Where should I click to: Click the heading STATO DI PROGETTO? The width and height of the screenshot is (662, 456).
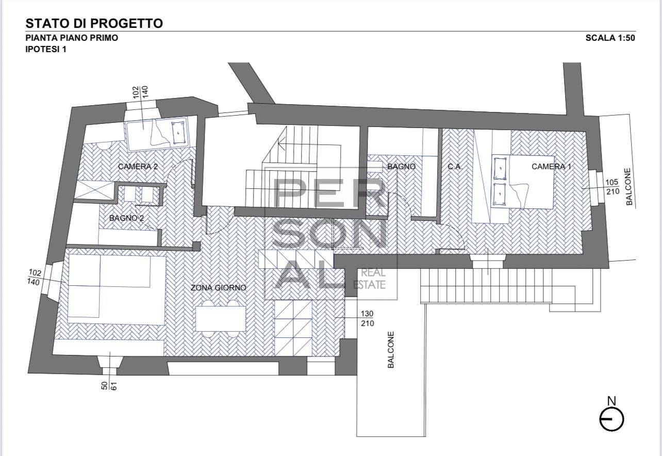[94, 23]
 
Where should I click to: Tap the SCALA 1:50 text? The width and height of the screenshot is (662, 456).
[610, 38]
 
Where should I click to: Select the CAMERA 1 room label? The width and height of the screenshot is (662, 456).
[551, 167]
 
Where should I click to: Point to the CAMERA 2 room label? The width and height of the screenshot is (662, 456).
[138, 167]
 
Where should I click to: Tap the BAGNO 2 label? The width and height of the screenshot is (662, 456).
[126, 218]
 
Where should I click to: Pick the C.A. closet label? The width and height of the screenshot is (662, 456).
[455, 167]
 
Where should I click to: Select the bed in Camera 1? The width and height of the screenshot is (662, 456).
[523, 182]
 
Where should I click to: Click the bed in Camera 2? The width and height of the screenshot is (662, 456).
[158, 133]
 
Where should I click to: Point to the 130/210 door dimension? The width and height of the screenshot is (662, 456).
[367, 318]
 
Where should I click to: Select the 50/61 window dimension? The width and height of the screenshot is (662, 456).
[109, 384]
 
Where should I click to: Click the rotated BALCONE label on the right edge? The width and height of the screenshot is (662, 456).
[629, 187]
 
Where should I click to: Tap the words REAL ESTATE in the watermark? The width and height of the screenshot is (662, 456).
[369, 279]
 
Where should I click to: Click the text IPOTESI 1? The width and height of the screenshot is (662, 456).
[46, 50]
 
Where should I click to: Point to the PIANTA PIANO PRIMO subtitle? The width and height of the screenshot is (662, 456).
[72, 38]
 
